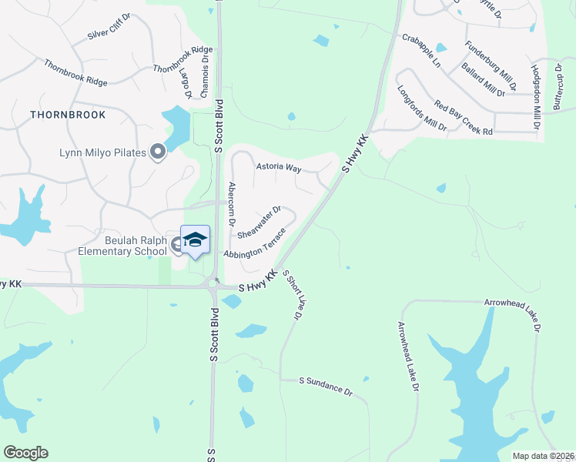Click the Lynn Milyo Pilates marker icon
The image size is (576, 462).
pyautogui.click(x=158, y=152)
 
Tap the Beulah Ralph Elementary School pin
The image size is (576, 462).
pyautogui.click(x=195, y=239)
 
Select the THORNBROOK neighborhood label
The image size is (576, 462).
pyautogui.click(x=68, y=114)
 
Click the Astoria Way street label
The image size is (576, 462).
pyautogui.click(x=278, y=166)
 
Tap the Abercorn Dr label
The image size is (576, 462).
pyautogui.click(x=231, y=203)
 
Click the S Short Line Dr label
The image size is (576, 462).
pyautogui.click(x=291, y=295)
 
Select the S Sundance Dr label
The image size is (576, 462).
pyautogui.click(x=326, y=386)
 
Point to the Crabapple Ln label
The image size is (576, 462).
pyautogui.click(x=420, y=49)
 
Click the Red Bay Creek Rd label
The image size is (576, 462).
pyautogui.click(x=463, y=117)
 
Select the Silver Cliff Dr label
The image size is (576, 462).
pyautogui.click(x=110, y=30)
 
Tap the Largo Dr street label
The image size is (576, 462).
pyautogui.click(x=187, y=83)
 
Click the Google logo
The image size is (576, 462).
pyautogui.click(x=25, y=453)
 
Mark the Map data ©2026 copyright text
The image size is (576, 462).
pyautogui.click(x=543, y=456)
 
